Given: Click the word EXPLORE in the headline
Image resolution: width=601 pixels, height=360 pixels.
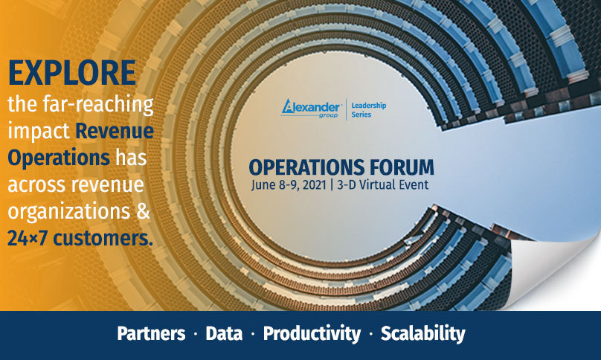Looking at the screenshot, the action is [72, 72].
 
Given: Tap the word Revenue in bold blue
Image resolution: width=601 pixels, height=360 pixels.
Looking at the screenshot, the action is [115, 131].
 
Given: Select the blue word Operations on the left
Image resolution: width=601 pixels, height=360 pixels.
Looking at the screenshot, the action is [59, 158].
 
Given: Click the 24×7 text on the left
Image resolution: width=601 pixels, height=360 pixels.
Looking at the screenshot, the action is [28, 238].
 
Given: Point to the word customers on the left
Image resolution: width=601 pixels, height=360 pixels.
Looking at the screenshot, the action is [103, 238].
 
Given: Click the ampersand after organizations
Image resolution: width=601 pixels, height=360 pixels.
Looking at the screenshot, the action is [143, 211].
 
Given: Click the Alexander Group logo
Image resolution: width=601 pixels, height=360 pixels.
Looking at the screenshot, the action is [311, 109].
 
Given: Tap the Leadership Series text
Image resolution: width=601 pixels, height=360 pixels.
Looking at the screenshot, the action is [369, 109].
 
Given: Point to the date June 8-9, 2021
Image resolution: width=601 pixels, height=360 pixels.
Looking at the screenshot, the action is [289, 184].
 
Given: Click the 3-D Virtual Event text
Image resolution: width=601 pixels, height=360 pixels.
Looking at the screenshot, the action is [382, 184].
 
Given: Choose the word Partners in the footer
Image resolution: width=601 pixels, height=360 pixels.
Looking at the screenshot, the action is [151, 333].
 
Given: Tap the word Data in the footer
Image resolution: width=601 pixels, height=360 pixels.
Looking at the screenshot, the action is [224, 333].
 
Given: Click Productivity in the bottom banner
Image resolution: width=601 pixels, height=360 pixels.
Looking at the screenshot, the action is [312, 334].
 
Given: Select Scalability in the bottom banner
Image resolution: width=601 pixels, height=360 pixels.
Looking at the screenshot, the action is [422, 334].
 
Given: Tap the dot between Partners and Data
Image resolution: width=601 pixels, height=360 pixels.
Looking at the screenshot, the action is [196, 334].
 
